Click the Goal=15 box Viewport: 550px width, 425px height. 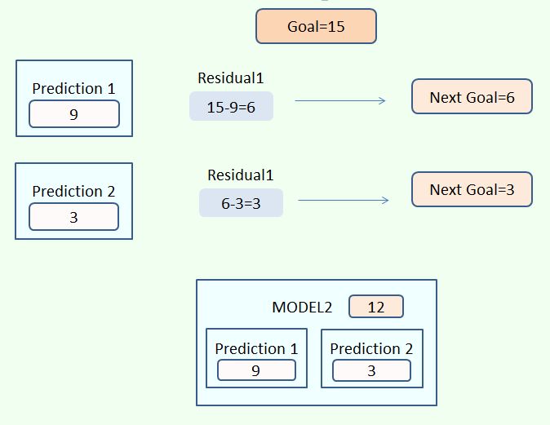(316, 26)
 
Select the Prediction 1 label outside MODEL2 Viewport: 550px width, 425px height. (73, 88)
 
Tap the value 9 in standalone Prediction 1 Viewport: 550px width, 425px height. (74, 114)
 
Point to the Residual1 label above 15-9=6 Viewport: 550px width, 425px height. (231, 78)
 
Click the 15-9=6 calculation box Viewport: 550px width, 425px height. (231, 107)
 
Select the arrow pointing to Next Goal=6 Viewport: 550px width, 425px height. (339, 101)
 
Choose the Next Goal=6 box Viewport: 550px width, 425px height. (472, 97)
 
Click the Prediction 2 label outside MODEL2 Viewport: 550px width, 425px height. (73, 191)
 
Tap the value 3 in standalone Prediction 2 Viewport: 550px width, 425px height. (74, 217)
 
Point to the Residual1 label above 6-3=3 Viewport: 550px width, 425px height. (241, 175)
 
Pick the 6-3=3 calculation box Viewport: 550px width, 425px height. (241, 203)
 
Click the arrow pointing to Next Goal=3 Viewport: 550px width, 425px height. (343, 200)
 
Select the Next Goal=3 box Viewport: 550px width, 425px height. (472, 189)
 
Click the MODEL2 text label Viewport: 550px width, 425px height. (302, 307)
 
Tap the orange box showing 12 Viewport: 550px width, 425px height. (376, 307)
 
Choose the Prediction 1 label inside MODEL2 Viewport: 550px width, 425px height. (256, 348)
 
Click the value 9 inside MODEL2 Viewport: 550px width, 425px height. (256, 370)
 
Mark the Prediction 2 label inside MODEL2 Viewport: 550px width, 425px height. (371, 348)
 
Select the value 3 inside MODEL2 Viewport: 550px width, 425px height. (371, 370)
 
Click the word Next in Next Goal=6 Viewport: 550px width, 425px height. (446, 97)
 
